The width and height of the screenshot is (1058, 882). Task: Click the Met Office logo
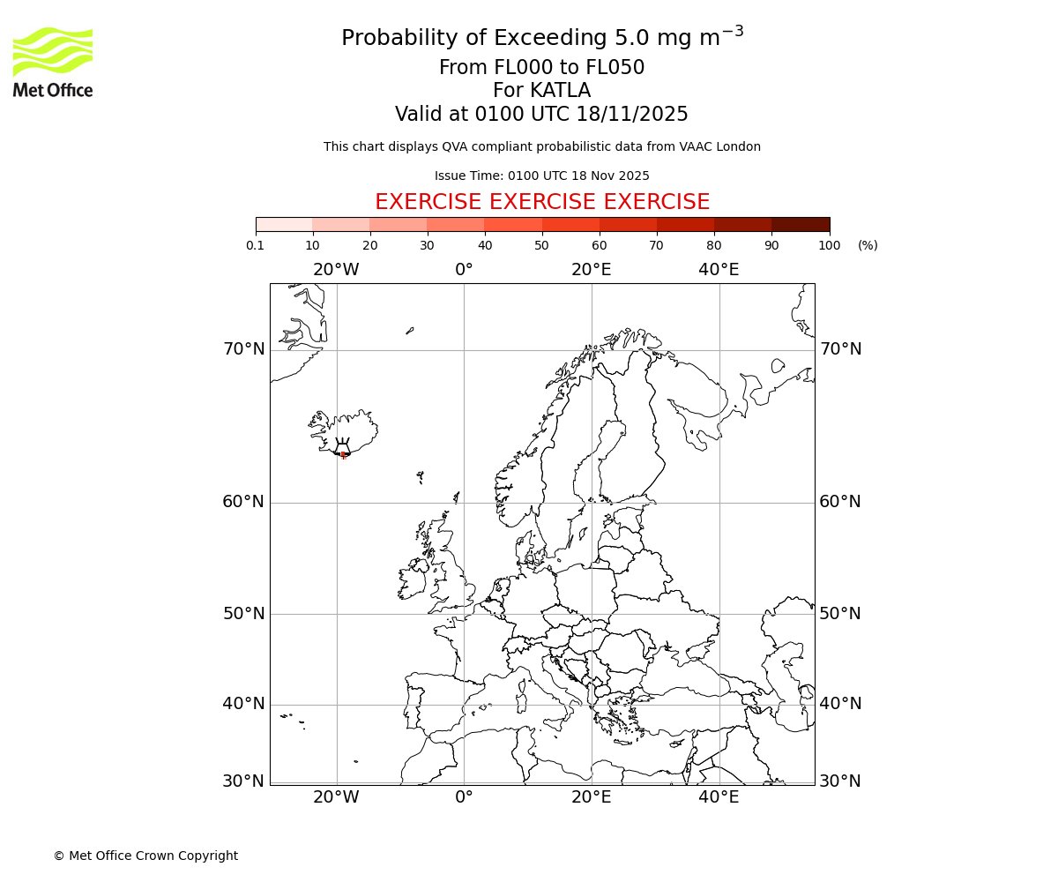click(53, 62)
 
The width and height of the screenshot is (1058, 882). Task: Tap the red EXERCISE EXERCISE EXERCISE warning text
click(542, 202)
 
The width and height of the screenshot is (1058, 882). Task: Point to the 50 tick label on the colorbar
click(541, 245)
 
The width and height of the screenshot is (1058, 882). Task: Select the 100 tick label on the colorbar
click(829, 245)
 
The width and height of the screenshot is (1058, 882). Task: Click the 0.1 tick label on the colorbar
click(255, 245)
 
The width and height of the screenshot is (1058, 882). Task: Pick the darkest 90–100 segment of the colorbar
click(801, 224)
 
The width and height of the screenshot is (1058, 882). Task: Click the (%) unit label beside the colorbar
click(868, 245)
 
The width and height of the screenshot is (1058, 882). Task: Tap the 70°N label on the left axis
click(243, 349)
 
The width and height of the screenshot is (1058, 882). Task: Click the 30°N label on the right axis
click(840, 781)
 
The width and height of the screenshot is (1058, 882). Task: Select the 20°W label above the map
click(336, 270)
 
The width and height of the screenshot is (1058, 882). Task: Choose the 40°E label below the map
click(719, 797)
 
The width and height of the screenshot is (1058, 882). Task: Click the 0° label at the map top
click(464, 270)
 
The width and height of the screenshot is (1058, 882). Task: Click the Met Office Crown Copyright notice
click(145, 856)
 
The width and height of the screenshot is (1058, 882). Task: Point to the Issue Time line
click(542, 176)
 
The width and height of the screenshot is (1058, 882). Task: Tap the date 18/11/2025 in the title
click(632, 115)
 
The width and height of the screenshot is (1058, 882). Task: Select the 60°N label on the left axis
click(243, 502)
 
